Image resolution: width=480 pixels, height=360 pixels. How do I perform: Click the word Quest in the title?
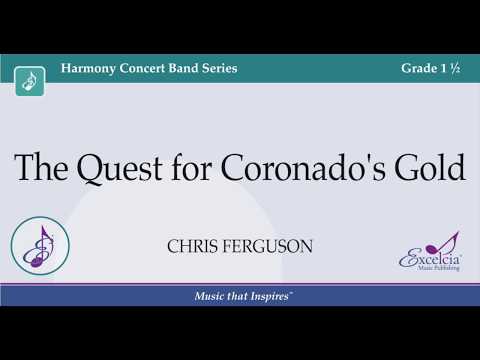(x=115, y=168)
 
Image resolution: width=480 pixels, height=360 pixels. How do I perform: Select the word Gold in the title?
(x=431, y=167)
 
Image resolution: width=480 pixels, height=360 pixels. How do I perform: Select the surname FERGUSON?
(x=267, y=246)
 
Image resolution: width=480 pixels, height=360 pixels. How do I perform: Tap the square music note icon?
(x=31, y=81)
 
